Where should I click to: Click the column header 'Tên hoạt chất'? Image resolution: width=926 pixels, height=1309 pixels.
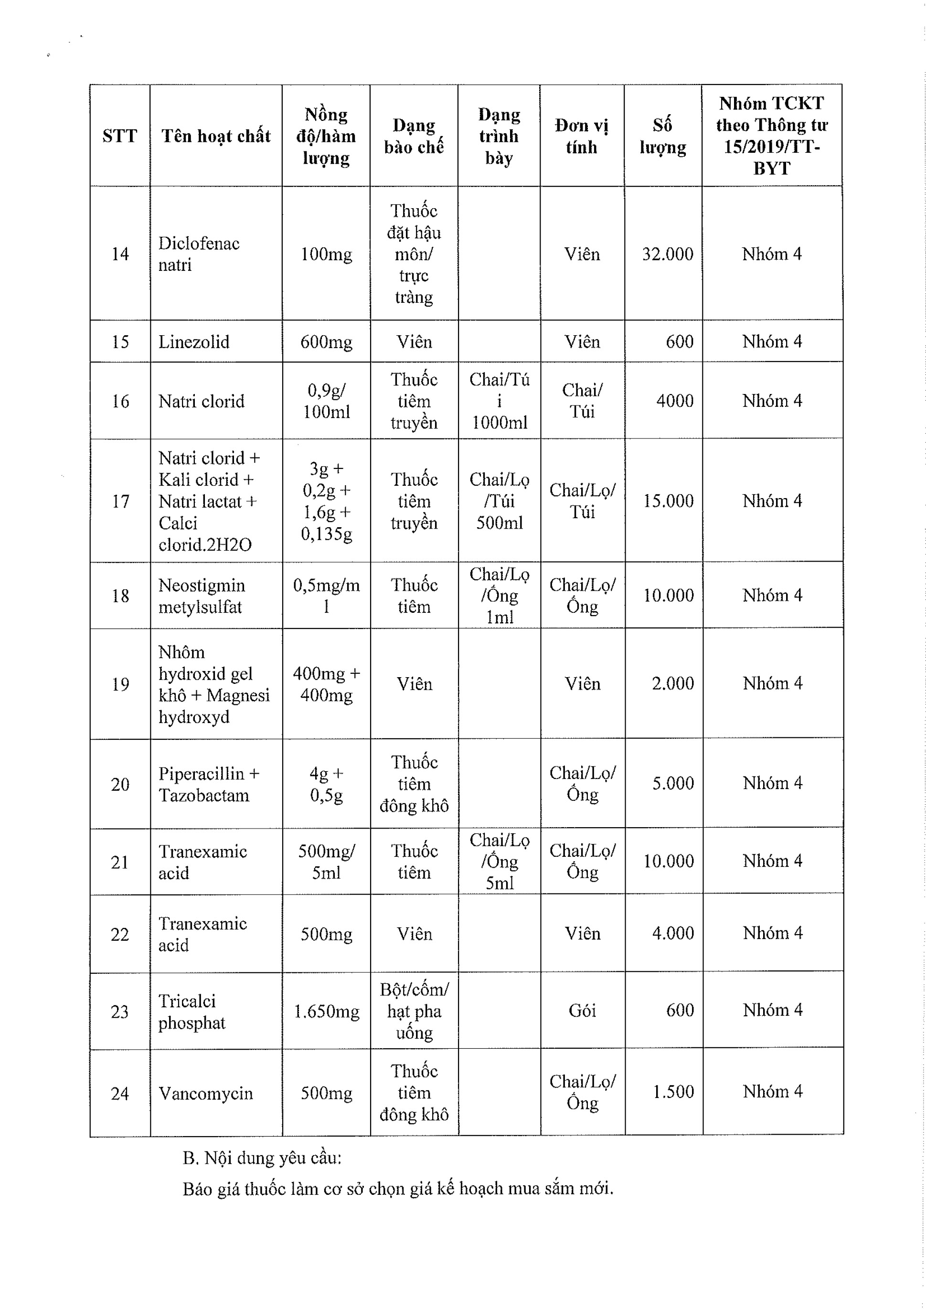point(215,136)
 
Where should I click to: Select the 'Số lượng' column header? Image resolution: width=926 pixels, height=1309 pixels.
point(662,136)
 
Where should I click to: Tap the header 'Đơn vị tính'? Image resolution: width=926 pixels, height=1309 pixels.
point(582,136)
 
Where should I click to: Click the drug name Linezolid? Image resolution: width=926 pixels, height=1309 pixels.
point(194,341)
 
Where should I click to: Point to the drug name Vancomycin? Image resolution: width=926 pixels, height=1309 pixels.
point(205,1093)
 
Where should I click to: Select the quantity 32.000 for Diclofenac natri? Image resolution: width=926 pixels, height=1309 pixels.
point(667,254)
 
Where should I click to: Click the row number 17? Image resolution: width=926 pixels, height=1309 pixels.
point(120,501)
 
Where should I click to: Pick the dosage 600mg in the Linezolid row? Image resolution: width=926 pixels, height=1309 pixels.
point(326,341)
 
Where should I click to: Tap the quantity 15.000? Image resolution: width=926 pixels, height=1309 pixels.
point(668,500)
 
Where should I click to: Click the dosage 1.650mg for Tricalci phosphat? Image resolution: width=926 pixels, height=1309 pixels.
point(326,1011)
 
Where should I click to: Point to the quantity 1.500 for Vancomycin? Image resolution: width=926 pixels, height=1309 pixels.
point(673,1091)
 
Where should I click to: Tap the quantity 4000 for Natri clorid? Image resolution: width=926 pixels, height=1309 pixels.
point(674,400)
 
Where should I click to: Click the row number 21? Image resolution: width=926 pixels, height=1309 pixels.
point(120,862)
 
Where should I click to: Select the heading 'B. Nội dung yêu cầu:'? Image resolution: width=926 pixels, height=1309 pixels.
point(262,1158)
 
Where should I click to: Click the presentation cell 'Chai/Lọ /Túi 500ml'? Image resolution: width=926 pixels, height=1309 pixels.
point(500,500)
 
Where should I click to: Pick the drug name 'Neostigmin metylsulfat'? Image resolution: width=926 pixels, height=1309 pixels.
point(202,596)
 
